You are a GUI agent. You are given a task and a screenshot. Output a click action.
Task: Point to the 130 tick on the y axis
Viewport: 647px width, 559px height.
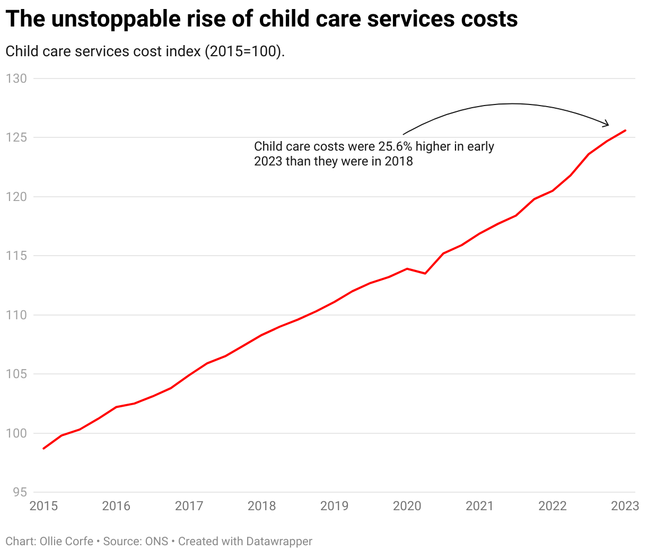click(x=16, y=78)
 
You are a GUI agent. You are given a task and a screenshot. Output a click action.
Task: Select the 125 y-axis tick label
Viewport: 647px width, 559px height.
click(x=16, y=137)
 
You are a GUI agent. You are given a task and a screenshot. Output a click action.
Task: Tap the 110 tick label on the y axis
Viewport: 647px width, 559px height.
click(x=16, y=315)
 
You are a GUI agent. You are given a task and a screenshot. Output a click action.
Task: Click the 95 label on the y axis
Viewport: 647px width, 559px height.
click(x=19, y=492)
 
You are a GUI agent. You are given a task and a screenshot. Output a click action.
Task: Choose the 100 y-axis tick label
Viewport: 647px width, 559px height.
click(x=16, y=433)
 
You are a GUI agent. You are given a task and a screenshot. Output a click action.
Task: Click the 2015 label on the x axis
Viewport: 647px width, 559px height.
click(x=43, y=506)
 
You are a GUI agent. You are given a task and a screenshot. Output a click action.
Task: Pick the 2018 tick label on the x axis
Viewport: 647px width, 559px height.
click(x=261, y=506)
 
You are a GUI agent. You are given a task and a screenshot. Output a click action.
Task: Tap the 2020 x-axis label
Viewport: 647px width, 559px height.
click(x=407, y=506)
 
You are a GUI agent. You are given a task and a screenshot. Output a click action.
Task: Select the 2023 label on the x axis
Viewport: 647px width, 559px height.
click(x=625, y=506)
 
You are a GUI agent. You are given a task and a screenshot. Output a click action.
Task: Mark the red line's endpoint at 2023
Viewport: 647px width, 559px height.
click(x=626, y=130)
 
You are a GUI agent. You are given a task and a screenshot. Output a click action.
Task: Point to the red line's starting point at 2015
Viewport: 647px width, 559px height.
click(x=44, y=448)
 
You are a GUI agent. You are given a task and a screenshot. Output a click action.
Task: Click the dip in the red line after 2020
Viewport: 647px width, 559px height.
click(x=425, y=273)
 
